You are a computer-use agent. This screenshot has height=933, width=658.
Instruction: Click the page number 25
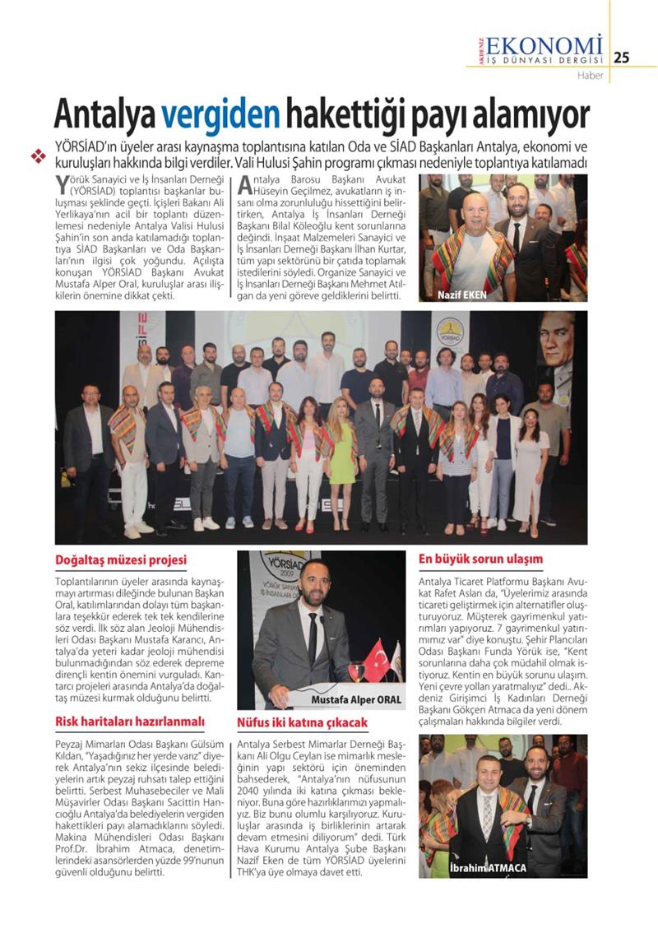tap(622, 57)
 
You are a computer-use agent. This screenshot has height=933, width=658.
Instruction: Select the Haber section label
tap(590, 76)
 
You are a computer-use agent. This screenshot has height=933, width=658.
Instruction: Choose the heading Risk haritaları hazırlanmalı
tap(129, 722)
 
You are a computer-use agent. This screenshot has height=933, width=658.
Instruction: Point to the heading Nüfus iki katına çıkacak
tap(302, 722)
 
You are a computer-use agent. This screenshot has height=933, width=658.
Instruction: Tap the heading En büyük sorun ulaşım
tap(480, 559)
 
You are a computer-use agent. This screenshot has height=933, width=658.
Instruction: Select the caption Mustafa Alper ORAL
tap(356, 699)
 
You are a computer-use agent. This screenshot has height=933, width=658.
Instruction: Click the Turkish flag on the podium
tap(375, 659)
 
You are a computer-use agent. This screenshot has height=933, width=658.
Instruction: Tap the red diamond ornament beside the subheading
tap(37, 155)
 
